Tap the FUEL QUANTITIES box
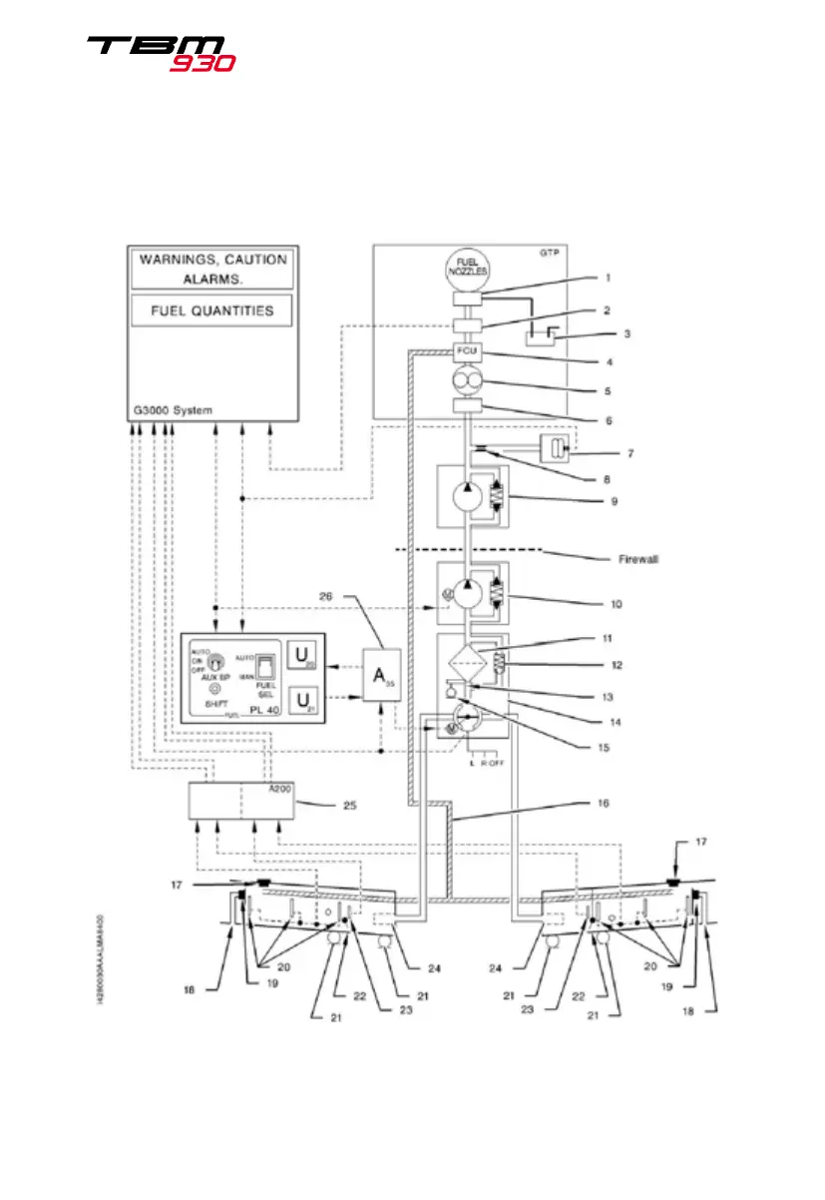click(x=211, y=310)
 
